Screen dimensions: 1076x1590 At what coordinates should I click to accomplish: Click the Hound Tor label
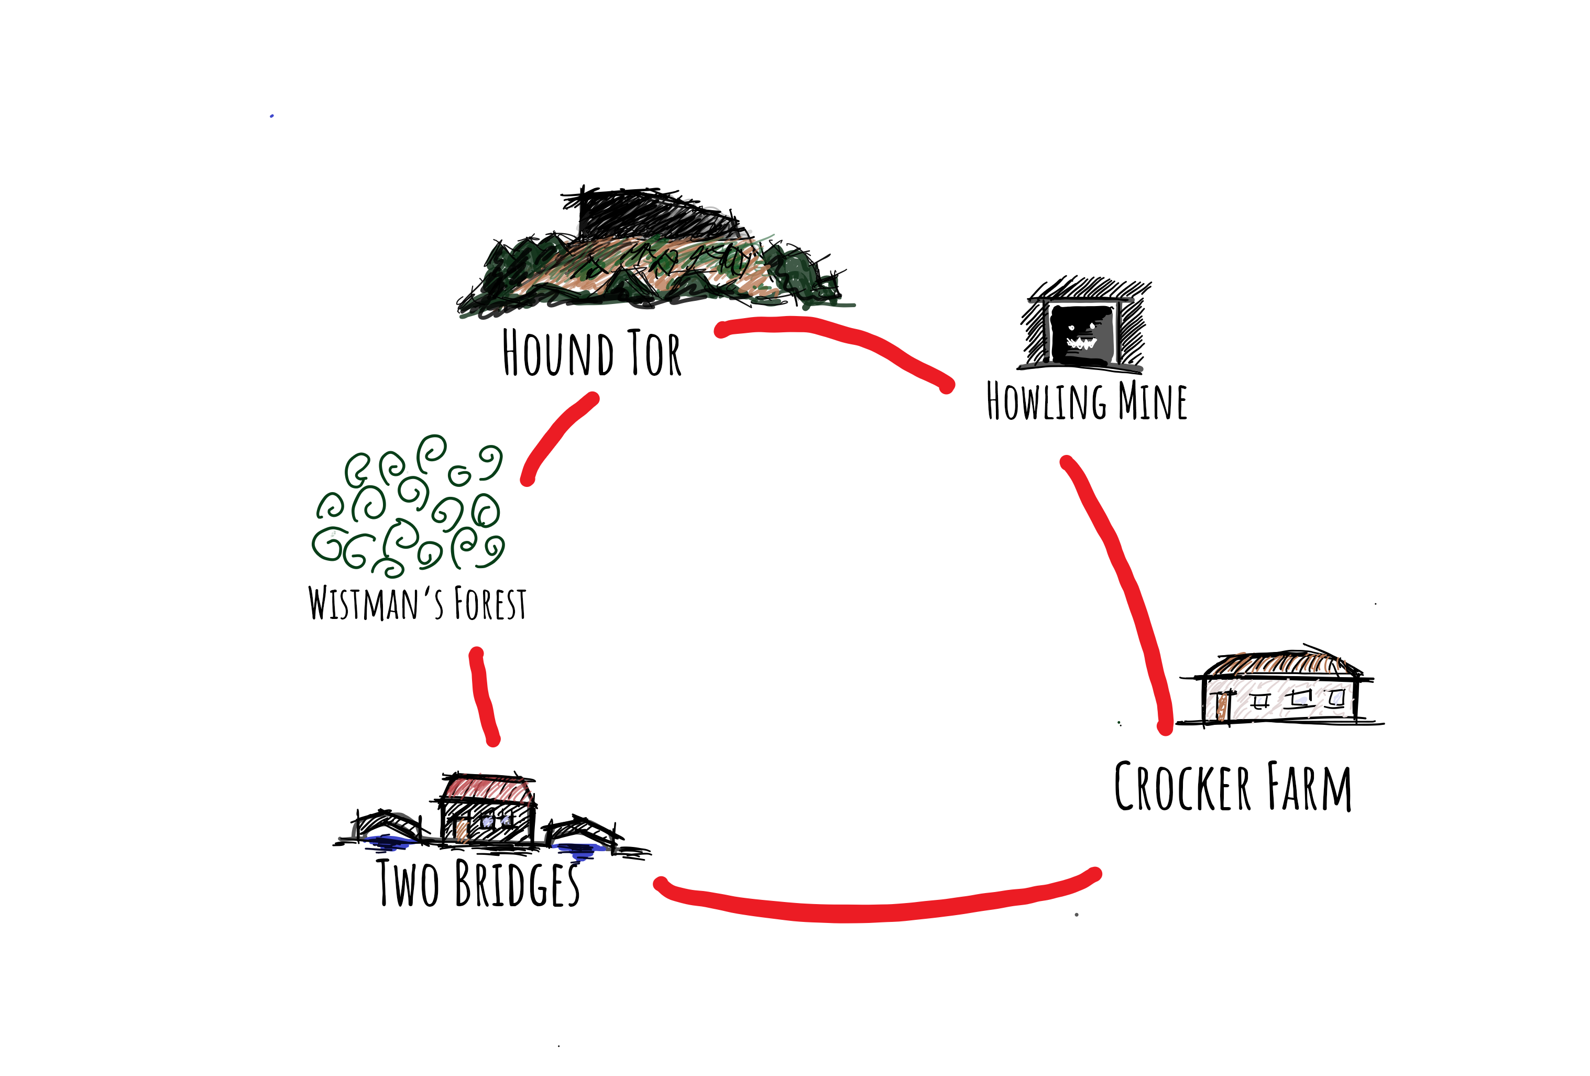pyautogui.click(x=592, y=353)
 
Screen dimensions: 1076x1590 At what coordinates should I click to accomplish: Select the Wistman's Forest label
pyautogui.click(x=418, y=603)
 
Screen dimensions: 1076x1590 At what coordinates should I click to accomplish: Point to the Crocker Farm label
pyautogui.click(x=1232, y=787)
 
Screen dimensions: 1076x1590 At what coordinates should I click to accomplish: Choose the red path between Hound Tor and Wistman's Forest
pyautogui.click(x=557, y=438)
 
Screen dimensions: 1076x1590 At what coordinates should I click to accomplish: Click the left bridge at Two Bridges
pyautogui.click(x=387, y=825)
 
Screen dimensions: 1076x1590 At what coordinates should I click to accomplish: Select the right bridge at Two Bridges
pyautogui.click(x=582, y=832)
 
